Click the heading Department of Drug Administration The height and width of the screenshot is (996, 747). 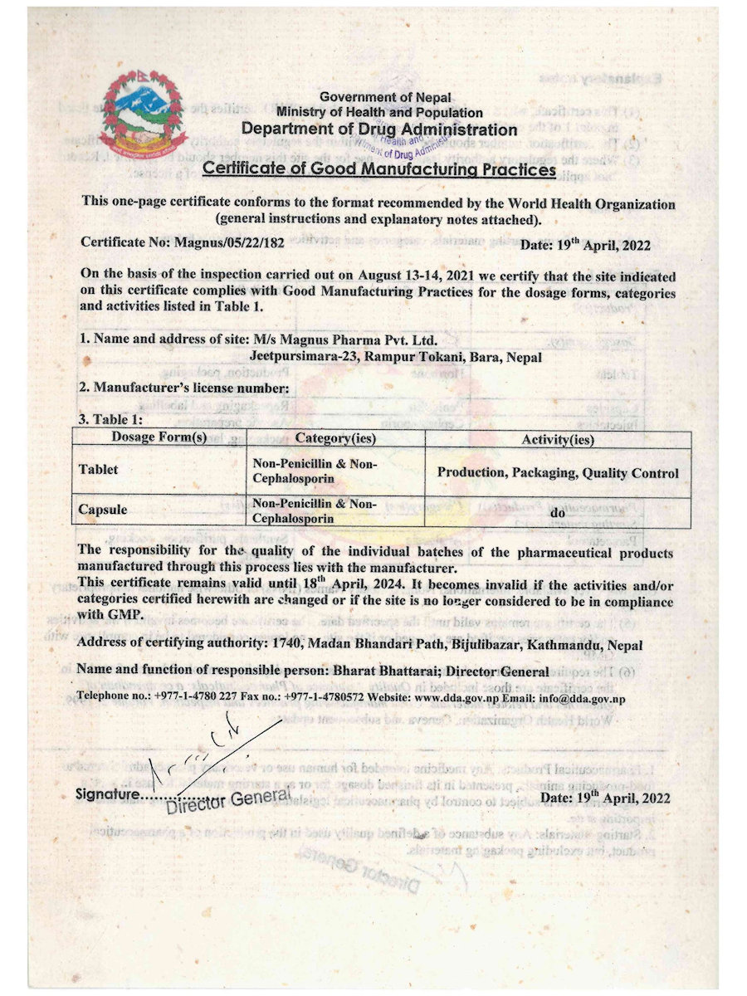pyautogui.click(x=379, y=129)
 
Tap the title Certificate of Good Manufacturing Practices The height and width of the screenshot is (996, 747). pyautogui.click(x=379, y=169)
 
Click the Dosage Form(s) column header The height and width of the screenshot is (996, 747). pyautogui.click(x=159, y=437)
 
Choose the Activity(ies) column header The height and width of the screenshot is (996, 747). pyautogui.click(x=558, y=438)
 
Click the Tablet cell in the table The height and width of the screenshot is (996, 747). pyautogui.click(x=99, y=470)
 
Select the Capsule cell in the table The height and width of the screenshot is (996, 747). pyautogui.click(x=103, y=510)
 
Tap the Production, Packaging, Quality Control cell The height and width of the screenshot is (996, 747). pyautogui.click(x=558, y=473)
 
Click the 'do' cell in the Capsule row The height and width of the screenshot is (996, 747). pyautogui.click(x=558, y=512)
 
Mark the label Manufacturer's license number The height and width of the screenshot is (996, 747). pyautogui.click(x=190, y=388)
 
